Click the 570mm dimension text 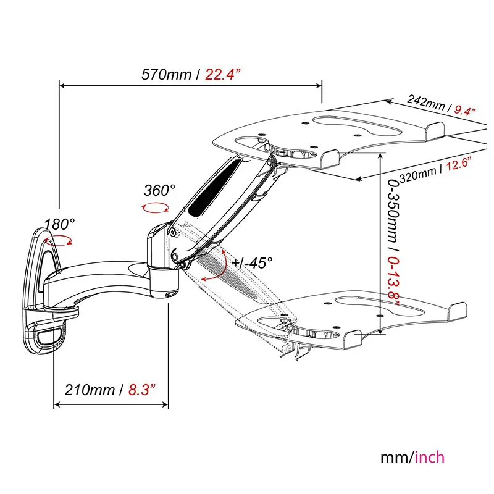coord(166,75)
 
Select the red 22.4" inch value coord(223,75)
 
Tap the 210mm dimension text coord(90,390)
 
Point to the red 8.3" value coord(142,390)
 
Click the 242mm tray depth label coord(425,102)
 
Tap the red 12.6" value coord(458,164)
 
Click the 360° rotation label coord(159,190)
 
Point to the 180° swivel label coord(59,224)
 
